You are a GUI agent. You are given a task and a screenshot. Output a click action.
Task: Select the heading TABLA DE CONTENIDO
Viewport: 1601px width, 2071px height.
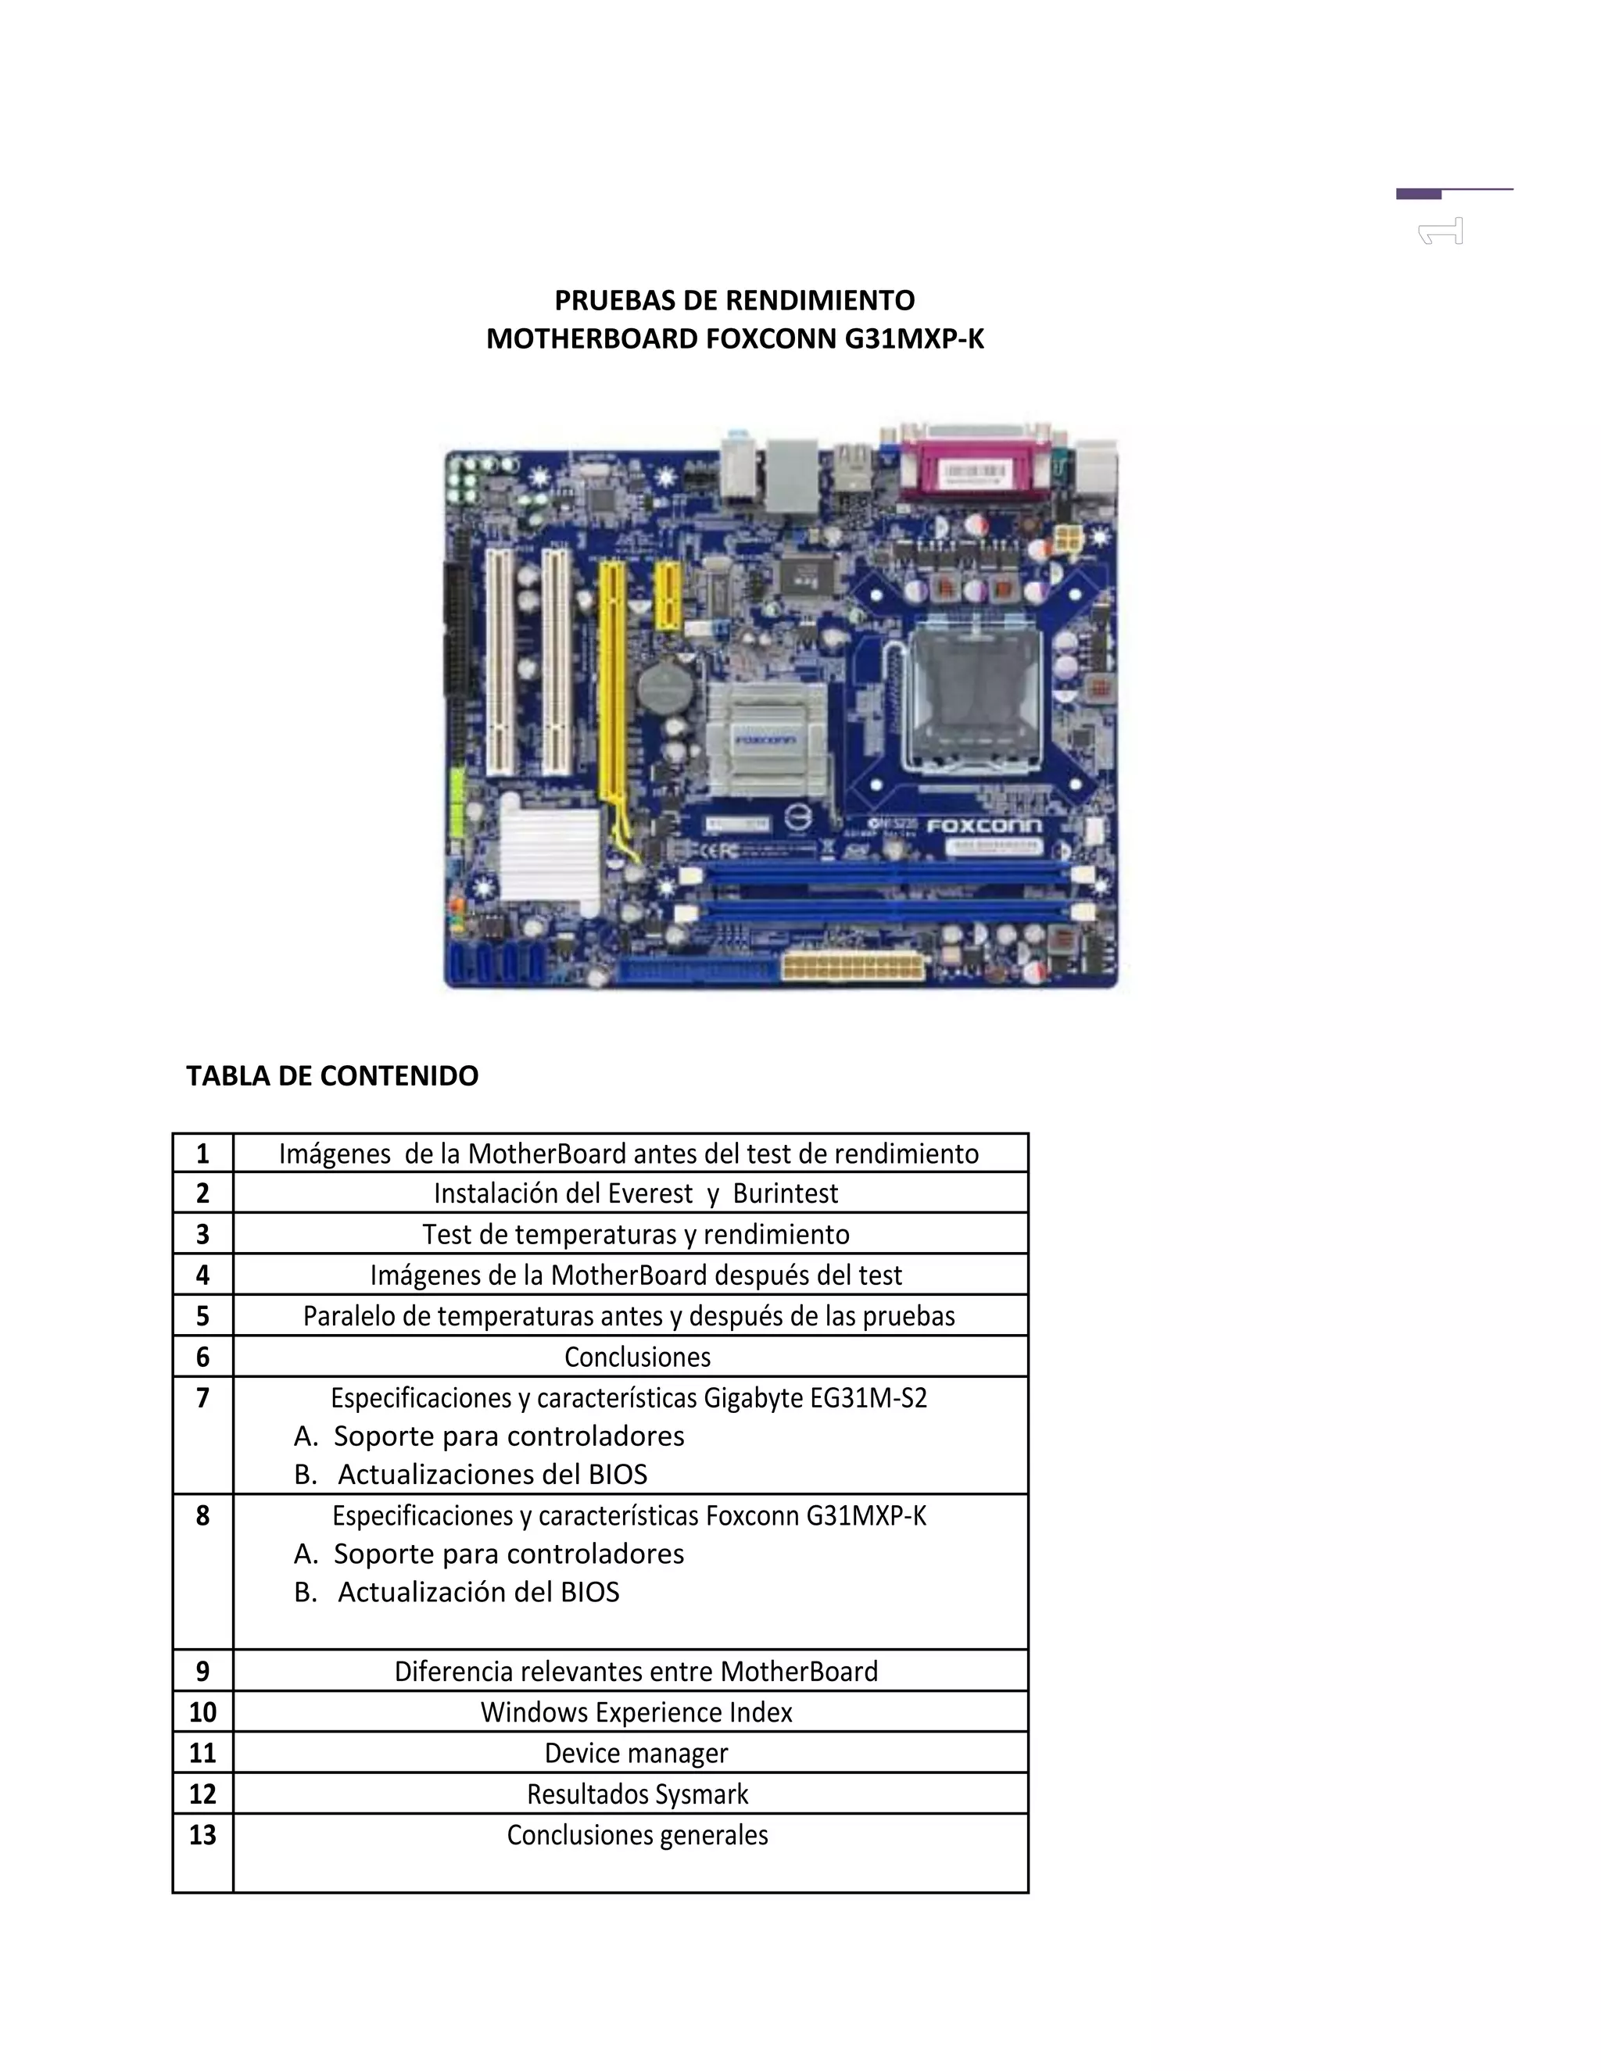coord(332,1075)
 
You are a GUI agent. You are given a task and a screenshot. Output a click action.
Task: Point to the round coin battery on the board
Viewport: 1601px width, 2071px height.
coord(667,688)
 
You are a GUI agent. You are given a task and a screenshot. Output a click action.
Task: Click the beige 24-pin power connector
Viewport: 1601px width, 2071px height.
coord(853,968)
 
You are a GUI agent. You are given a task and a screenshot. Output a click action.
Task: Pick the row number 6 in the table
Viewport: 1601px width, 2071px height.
coord(202,1357)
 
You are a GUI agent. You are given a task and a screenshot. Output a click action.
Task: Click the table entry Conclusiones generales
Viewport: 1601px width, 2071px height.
coord(637,1835)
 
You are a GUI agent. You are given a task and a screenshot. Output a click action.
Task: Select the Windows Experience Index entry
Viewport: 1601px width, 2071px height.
coord(636,1712)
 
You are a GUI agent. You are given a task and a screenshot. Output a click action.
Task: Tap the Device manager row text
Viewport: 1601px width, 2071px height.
coord(636,1754)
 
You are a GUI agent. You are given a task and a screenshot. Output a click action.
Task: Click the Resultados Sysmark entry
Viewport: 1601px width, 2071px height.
coord(637,1794)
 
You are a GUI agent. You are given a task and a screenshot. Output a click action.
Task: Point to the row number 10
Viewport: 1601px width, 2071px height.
coord(202,1712)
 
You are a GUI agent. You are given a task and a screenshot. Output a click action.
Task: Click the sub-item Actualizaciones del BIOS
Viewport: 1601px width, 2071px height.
coord(492,1475)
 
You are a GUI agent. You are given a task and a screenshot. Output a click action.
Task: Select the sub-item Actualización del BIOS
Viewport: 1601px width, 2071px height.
coord(478,1592)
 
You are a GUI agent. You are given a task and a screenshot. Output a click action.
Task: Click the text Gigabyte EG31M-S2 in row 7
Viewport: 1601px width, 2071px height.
coord(815,1398)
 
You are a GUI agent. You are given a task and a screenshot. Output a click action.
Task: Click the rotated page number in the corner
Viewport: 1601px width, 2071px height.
coord(1442,231)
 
